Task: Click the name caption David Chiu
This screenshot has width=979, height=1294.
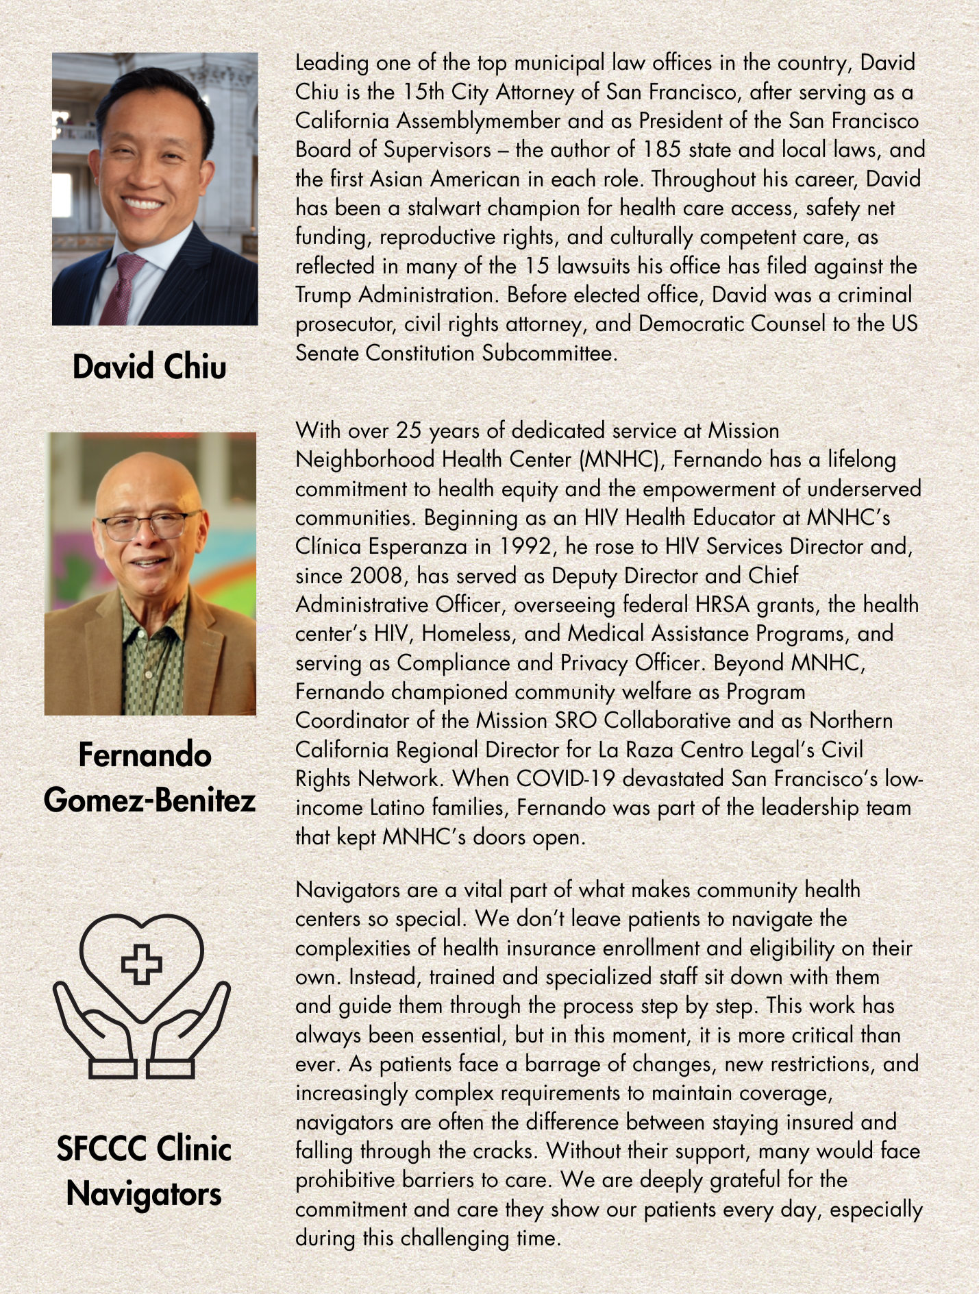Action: [149, 367]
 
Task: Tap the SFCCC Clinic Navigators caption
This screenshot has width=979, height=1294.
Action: [144, 1171]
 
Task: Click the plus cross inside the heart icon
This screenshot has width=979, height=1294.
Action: [141, 964]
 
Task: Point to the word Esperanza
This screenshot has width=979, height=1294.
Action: [429, 546]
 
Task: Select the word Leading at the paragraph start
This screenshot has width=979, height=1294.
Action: [332, 63]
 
